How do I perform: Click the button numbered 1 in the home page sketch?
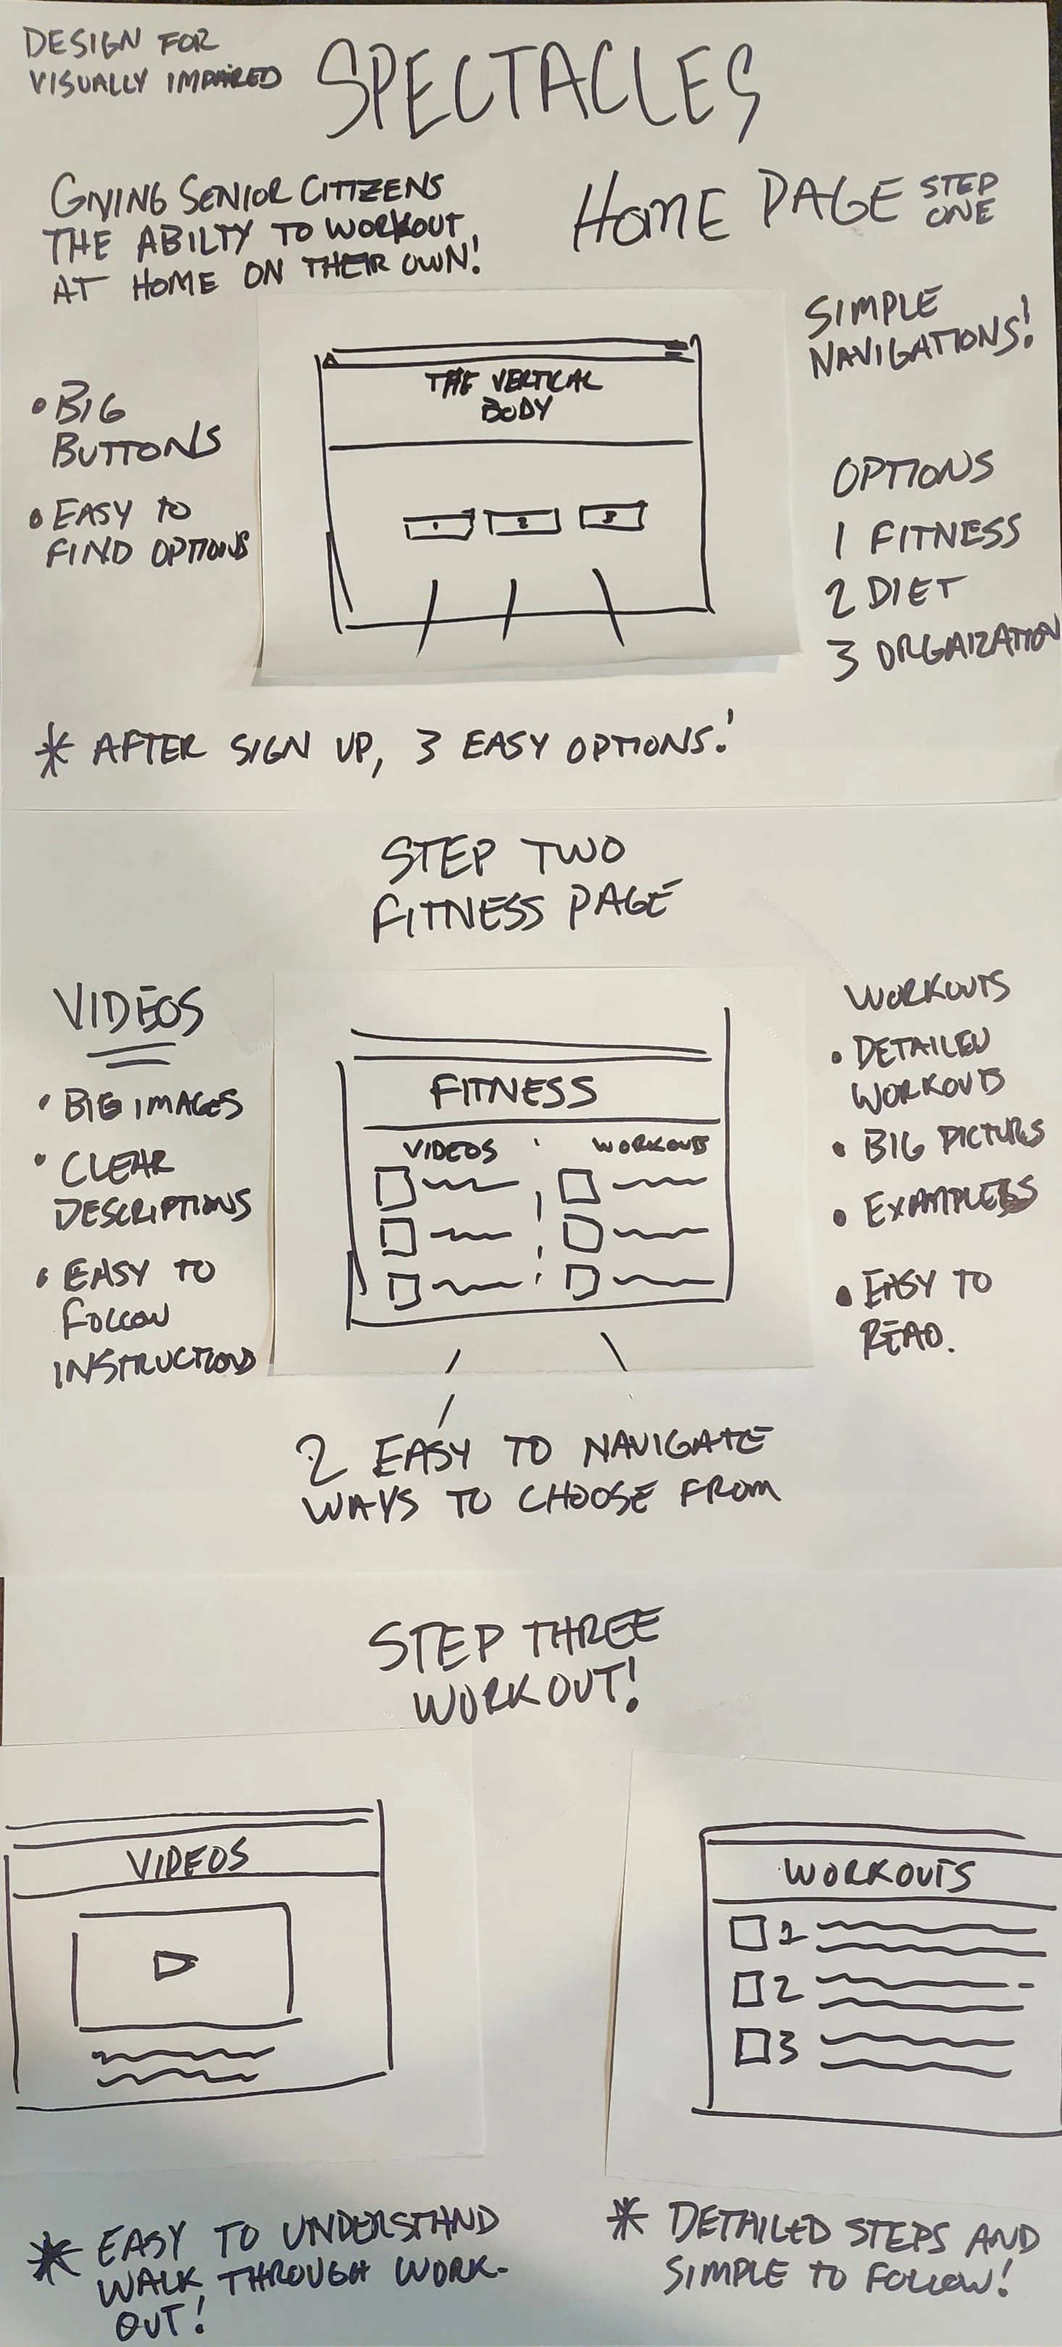pos(438,526)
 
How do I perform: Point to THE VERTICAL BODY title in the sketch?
pos(513,394)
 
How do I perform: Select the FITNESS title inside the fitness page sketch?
pos(513,1091)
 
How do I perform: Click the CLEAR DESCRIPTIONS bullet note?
pos(150,1186)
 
